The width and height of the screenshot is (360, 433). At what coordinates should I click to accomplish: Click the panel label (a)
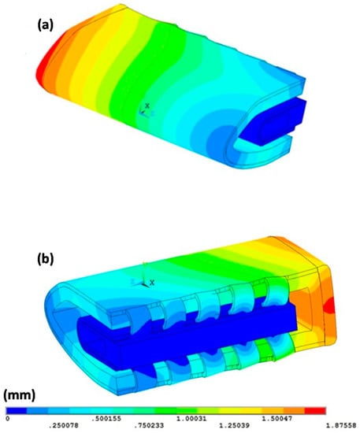pos(46,25)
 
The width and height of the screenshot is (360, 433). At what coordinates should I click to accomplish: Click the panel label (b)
pos(46,258)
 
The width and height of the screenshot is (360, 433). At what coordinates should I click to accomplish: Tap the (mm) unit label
pos(20,395)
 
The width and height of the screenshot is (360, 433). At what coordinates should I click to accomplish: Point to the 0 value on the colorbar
pos(7,418)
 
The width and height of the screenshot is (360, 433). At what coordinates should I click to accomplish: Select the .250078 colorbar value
pos(64,425)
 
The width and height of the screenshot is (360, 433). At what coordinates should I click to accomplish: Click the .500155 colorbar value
pos(106,419)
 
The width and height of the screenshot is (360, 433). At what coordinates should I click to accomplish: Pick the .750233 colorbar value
pos(149,425)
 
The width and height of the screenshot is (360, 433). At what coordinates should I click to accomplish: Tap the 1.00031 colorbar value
pos(191,419)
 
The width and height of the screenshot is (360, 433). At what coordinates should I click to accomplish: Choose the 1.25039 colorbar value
pos(234,425)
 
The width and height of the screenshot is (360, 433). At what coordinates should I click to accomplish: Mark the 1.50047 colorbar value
pos(276,419)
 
